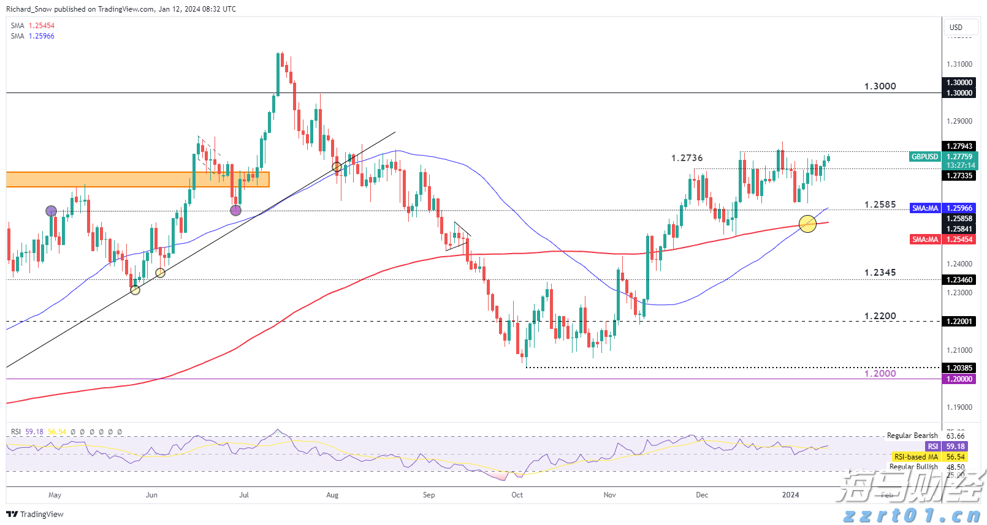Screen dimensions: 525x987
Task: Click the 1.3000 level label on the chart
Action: (x=880, y=86)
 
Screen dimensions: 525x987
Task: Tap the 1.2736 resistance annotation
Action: (x=687, y=158)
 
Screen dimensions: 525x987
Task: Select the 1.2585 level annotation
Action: (x=880, y=205)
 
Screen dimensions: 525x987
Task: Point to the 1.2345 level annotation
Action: (x=880, y=273)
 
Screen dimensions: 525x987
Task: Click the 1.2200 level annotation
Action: (x=880, y=316)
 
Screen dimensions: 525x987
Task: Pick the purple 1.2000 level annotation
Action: (x=880, y=374)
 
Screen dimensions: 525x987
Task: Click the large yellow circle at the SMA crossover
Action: (x=807, y=224)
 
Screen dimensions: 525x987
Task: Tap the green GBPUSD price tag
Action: (x=924, y=157)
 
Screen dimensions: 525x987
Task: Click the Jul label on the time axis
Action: (x=244, y=495)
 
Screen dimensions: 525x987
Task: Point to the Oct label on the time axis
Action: (x=517, y=495)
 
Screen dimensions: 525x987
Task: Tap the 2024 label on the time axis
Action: (x=790, y=495)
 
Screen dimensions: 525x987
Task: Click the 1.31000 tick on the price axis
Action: (x=959, y=64)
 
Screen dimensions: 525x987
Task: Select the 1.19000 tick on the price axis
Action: (x=959, y=407)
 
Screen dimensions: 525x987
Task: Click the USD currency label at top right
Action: (x=956, y=28)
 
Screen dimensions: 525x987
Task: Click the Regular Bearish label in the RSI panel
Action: (x=912, y=436)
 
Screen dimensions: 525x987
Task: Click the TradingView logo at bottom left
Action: (x=36, y=514)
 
